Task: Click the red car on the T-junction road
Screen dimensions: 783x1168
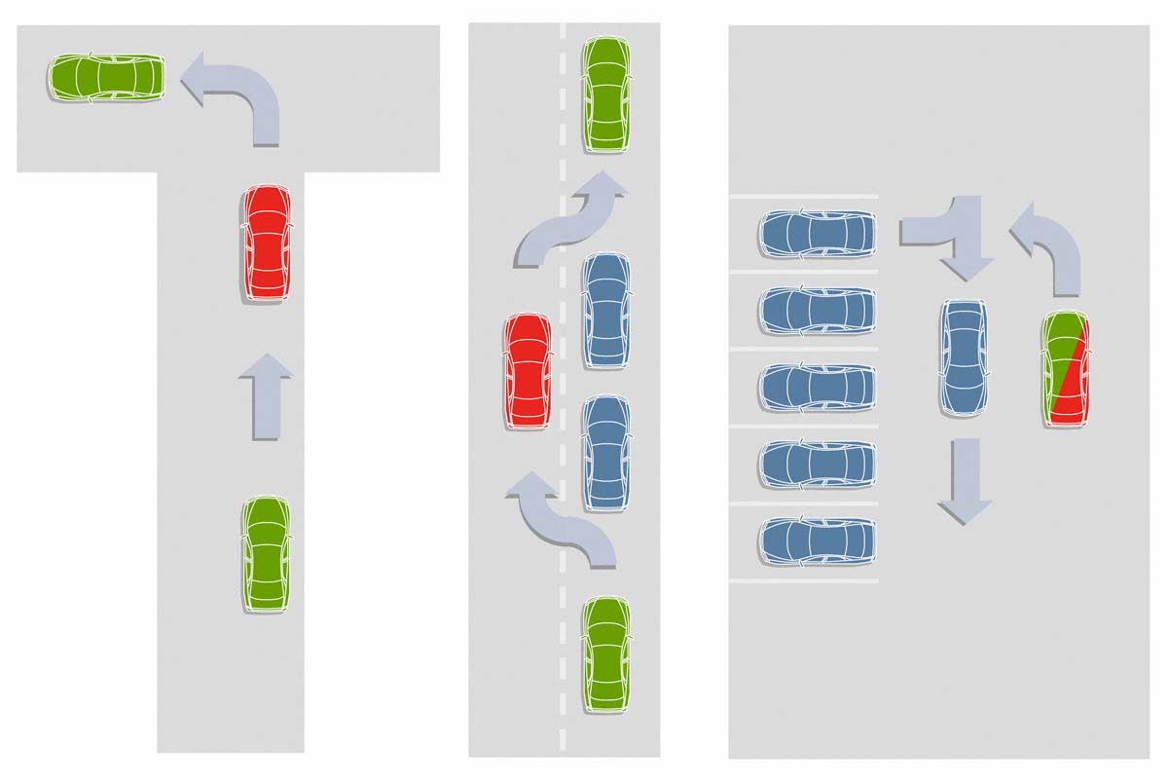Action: point(266,242)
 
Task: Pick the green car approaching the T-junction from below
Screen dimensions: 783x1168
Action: point(266,553)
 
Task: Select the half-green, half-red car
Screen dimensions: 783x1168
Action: point(1066,369)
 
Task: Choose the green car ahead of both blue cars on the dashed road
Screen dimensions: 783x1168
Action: point(606,94)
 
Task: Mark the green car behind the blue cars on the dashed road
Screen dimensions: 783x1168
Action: point(606,654)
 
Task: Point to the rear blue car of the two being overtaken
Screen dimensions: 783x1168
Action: point(605,453)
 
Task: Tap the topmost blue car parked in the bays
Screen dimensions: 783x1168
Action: point(817,233)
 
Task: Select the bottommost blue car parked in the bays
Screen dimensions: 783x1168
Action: point(817,541)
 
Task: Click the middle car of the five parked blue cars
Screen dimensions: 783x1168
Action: point(817,387)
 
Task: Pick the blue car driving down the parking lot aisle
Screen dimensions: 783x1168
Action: point(964,357)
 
